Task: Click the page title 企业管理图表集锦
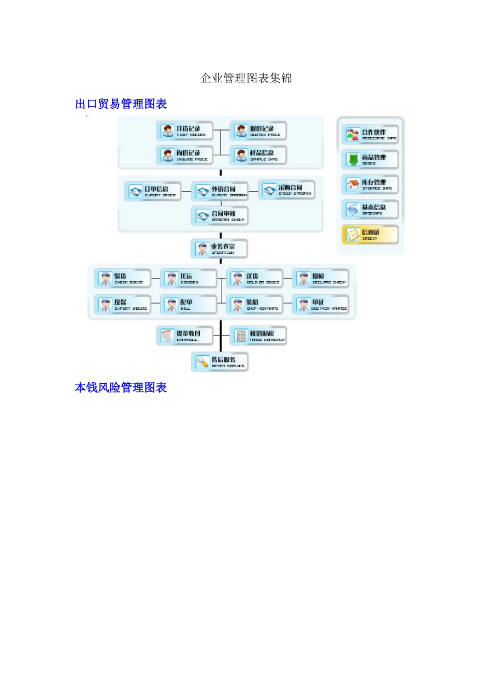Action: click(x=246, y=78)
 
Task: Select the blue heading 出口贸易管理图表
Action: click(x=121, y=104)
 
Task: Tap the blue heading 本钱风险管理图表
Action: click(x=121, y=387)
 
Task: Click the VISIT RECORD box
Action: click(x=185, y=131)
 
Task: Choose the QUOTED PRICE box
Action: click(x=258, y=131)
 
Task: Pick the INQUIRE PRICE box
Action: click(x=185, y=155)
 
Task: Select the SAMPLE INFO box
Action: click(x=258, y=155)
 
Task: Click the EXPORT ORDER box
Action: click(x=153, y=192)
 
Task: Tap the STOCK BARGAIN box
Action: click(x=286, y=190)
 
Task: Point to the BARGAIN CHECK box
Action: click(x=220, y=216)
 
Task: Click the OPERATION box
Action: click(x=220, y=249)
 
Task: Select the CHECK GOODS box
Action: click(x=123, y=279)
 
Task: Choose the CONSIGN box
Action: click(x=189, y=279)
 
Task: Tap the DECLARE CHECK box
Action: click(x=321, y=279)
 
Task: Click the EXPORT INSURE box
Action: click(x=123, y=304)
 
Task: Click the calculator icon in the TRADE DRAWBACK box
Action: click(x=241, y=336)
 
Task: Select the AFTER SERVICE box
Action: click(x=220, y=362)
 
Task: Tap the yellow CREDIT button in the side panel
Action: click(x=370, y=235)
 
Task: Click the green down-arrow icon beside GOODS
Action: click(x=353, y=160)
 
